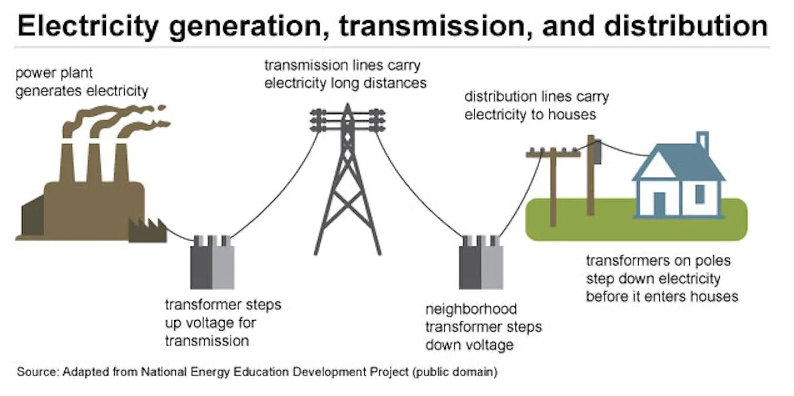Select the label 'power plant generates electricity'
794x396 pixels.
82,82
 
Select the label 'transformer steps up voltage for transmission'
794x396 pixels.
223,322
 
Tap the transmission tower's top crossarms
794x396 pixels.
347,120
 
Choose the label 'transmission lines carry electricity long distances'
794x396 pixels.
345,74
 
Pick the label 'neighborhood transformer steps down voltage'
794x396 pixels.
483,326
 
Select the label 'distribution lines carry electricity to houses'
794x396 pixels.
536,105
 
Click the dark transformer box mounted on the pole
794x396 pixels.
598,152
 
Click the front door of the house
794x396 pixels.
659,204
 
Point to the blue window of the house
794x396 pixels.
700,194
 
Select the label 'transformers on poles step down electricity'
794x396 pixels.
661,278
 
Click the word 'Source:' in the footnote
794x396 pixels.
38,372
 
